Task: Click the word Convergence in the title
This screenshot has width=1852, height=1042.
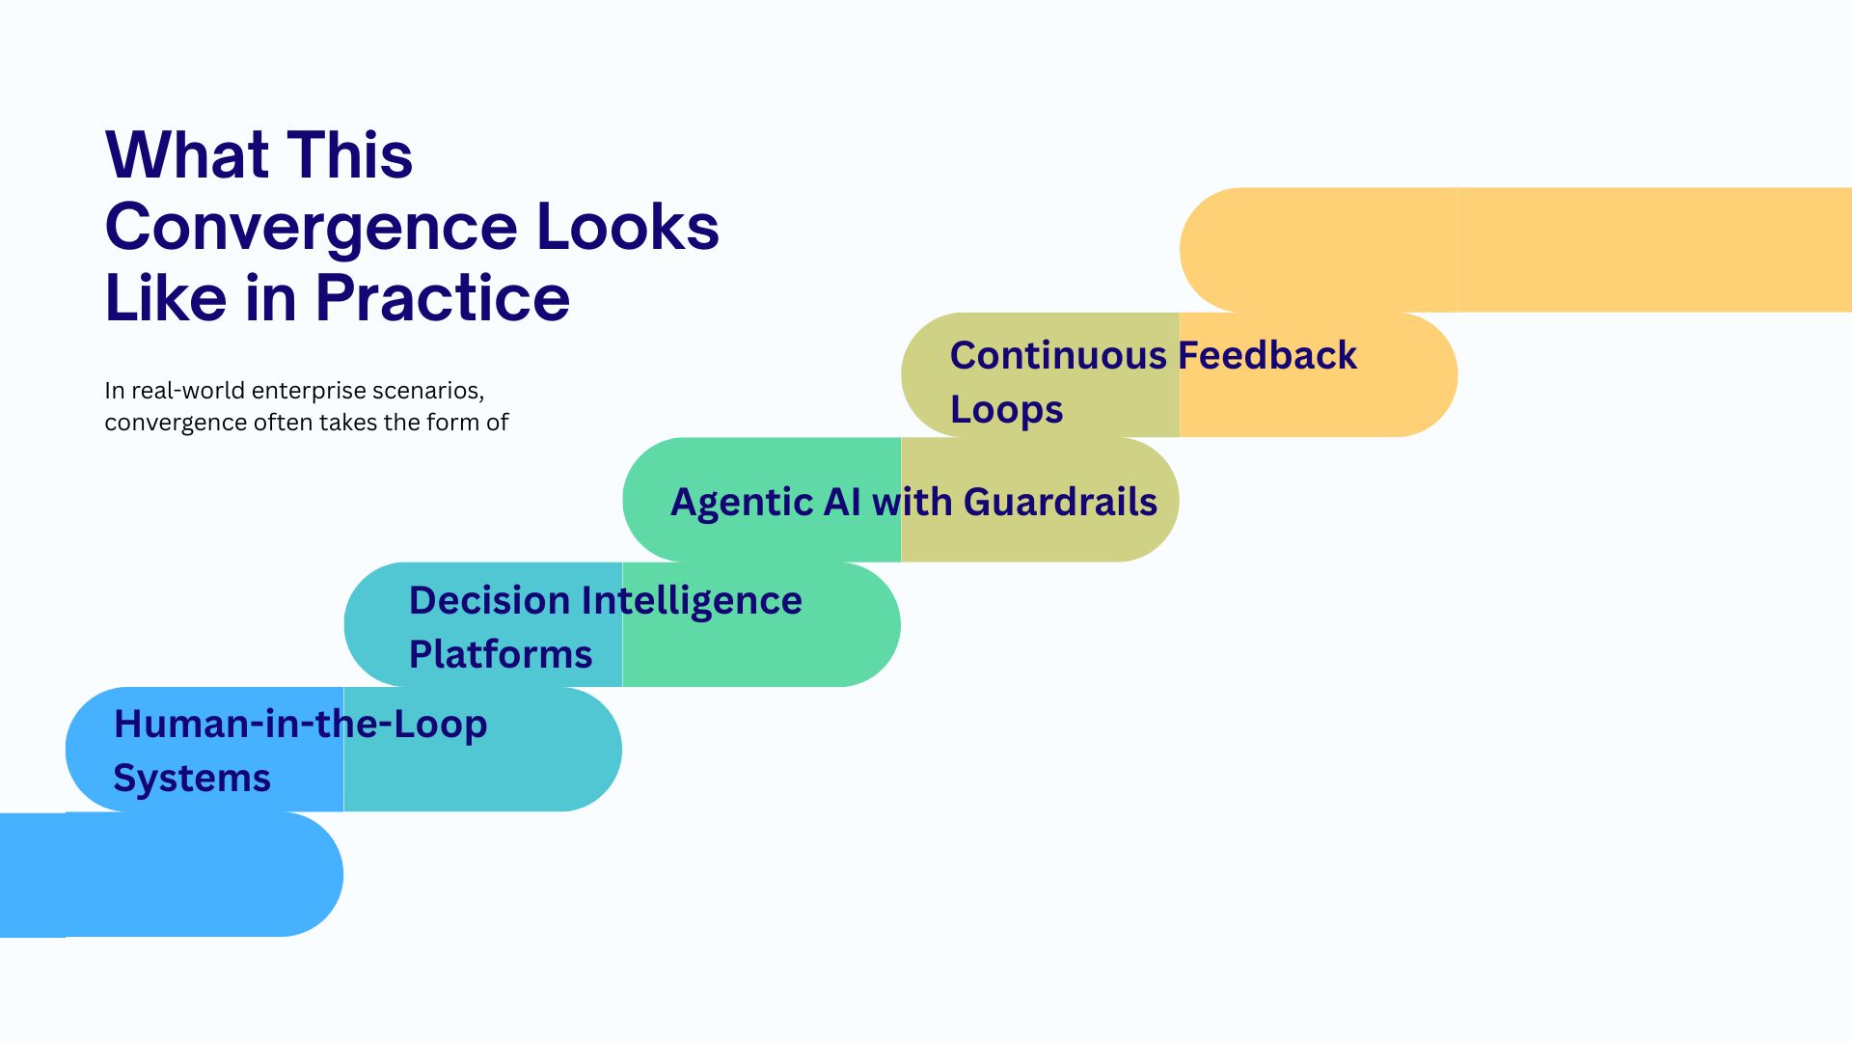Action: pos(311,228)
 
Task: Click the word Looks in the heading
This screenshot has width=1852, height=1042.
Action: pos(627,228)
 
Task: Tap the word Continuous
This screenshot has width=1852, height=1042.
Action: pos(1058,355)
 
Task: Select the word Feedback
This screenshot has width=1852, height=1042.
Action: pos(1267,355)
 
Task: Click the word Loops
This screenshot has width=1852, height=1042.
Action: pos(1006,410)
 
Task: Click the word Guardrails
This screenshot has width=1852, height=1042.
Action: pos(1060,503)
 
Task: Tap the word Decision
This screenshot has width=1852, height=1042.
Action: pos(489,600)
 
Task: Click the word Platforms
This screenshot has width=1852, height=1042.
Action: pos(500,654)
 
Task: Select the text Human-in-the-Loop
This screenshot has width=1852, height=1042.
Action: pos(300,724)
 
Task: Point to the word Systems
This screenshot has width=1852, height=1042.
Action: pos(192,778)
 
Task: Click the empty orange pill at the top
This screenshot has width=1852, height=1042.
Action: pos(1514,250)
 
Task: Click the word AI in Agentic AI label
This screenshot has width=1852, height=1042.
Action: pos(841,503)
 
